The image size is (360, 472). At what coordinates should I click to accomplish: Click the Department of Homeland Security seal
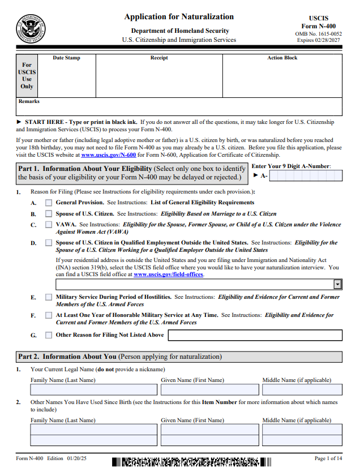pyautogui.click(x=32, y=28)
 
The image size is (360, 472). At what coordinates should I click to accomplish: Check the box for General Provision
pyautogui.click(x=49, y=202)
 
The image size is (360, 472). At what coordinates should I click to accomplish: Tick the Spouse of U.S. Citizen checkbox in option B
pyautogui.click(x=49, y=214)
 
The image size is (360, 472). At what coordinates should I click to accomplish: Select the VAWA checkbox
pyautogui.click(x=49, y=225)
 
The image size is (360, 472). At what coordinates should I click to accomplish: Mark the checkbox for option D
pyautogui.click(x=49, y=243)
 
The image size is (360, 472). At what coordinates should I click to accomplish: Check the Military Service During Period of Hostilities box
pyautogui.click(x=49, y=297)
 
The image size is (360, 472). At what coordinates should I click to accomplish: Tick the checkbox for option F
pyautogui.click(x=49, y=315)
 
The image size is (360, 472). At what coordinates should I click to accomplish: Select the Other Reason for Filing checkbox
pyautogui.click(x=49, y=335)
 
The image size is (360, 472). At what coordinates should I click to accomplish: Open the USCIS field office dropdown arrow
pyautogui.click(x=337, y=284)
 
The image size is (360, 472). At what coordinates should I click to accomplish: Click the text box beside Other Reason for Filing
pyautogui.click(x=255, y=335)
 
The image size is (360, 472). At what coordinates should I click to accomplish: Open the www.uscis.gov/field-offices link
pyautogui.click(x=168, y=274)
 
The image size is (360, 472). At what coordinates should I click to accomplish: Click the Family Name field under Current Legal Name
pyautogui.click(x=94, y=389)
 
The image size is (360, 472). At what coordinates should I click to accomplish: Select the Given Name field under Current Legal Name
pyautogui.click(x=209, y=389)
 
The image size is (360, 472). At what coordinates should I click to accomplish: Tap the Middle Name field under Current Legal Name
pyautogui.click(x=302, y=389)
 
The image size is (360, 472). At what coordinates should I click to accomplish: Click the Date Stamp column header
pyautogui.click(x=66, y=58)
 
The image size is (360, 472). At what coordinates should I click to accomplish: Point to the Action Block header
pyautogui.click(x=282, y=58)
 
